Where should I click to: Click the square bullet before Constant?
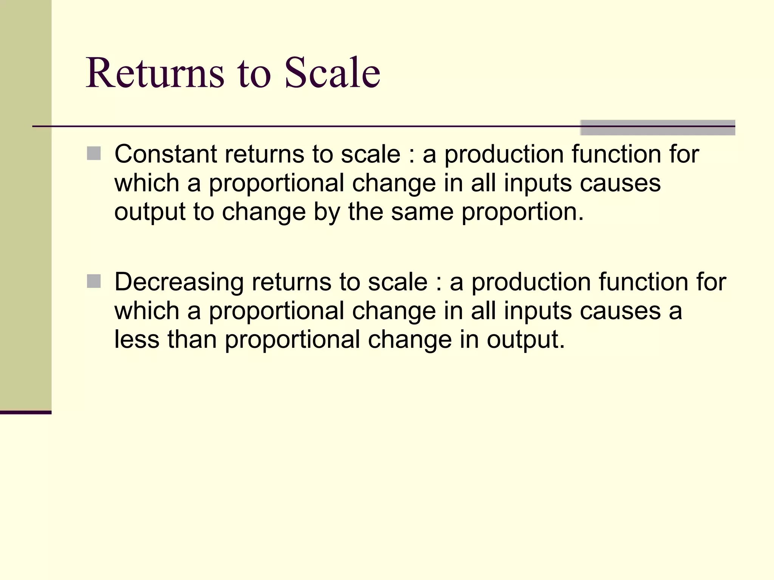94,154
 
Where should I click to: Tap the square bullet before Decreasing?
94,281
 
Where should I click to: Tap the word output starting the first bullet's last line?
150,212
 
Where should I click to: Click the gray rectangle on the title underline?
658,127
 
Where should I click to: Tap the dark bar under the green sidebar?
26,412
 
